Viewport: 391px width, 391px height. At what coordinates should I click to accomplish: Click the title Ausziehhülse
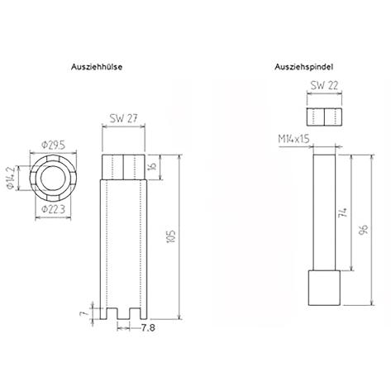(x=97, y=67)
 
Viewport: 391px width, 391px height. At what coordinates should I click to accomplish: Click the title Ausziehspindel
(x=303, y=67)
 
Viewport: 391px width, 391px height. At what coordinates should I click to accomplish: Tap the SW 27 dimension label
(x=123, y=118)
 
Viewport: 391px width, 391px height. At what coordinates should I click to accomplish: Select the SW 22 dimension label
(x=324, y=86)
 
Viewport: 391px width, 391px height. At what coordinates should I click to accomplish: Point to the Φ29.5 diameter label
(x=54, y=145)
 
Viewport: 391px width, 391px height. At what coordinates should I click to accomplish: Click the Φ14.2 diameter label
(x=11, y=178)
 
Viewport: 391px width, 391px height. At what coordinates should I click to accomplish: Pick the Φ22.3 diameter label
(x=53, y=209)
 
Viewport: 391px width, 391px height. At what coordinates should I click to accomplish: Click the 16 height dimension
(x=153, y=166)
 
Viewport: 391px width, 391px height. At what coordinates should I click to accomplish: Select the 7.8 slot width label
(x=148, y=328)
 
